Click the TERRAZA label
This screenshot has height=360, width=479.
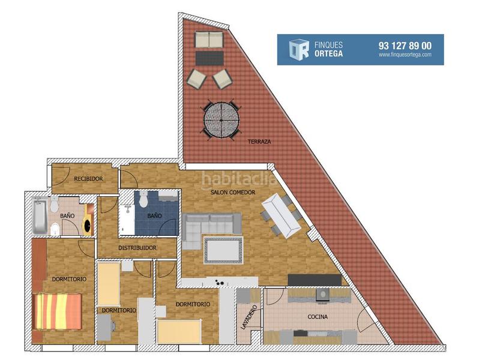click(x=259, y=142)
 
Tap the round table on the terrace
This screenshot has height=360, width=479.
click(x=221, y=119)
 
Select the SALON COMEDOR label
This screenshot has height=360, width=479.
click(x=233, y=193)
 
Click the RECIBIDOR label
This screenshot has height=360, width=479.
click(x=89, y=179)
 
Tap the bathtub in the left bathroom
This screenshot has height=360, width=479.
click(x=40, y=217)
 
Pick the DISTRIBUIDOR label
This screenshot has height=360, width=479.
click(x=137, y=248)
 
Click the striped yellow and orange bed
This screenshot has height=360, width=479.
click(x=57, y=311)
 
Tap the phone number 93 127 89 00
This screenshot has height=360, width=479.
click(x=405, y=45)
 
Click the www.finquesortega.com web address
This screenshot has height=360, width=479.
click(x=405, y=55)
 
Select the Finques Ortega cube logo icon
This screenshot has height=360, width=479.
click(x=298, y=49)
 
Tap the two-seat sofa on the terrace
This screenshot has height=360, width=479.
click(x=208, y=40)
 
